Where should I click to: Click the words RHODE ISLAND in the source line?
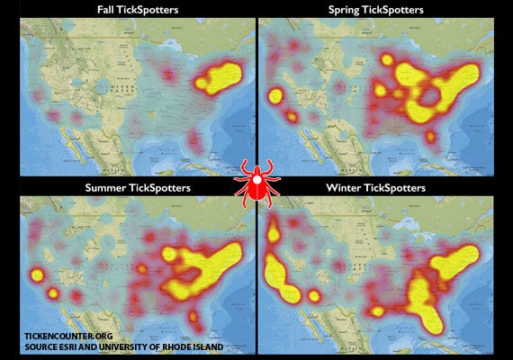point(216,345)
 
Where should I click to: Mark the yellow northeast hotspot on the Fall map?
point(221,77)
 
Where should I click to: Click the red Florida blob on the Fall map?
point(197,140)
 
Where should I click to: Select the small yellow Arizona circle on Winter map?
point(315,295)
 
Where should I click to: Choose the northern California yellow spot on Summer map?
point(37,275)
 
